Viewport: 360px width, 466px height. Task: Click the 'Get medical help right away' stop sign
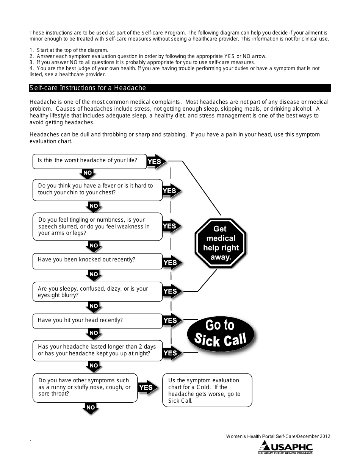pyautogui.click(x=221, y=243)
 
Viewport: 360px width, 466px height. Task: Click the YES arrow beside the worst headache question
pyautogui.click(x=155, y=161)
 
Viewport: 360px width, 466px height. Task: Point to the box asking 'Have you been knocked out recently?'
pyautogui.click(x=97, y=261)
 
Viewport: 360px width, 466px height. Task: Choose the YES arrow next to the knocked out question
pyautogui.click(x=171, y=262)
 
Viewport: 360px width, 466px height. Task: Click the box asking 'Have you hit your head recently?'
pyautogui.click(x=97, y=321)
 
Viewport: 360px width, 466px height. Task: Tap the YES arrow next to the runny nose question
pyautogui.click(x=147, y=387)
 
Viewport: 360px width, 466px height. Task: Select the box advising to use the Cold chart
pyautogui.click(x=207, y=390)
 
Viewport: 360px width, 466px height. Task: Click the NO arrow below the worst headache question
pyautogui.click(x=88, y=174)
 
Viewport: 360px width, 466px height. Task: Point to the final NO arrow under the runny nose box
pyautogui.click(x=91, y=408)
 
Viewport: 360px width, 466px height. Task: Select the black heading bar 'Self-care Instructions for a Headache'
pyautogui.click(x=180, y=88)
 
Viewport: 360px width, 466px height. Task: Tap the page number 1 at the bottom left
pyautogui.click(x=31, y=442)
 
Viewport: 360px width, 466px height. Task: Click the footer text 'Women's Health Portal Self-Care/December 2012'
pyautogui.click(x=278, y=436)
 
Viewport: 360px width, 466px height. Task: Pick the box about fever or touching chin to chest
pyautogui.click(x=97, y=189)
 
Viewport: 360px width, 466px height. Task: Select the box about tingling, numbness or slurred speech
pyautogui.click(x=97, y=227)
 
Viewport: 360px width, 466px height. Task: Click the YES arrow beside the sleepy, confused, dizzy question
pyautogui.click(x=171, y=291)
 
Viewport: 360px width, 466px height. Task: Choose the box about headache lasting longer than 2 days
pyautogui.click(x=97, y=350)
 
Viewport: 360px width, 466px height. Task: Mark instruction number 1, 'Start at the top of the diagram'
pyautogui.click(x=69, y=50)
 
